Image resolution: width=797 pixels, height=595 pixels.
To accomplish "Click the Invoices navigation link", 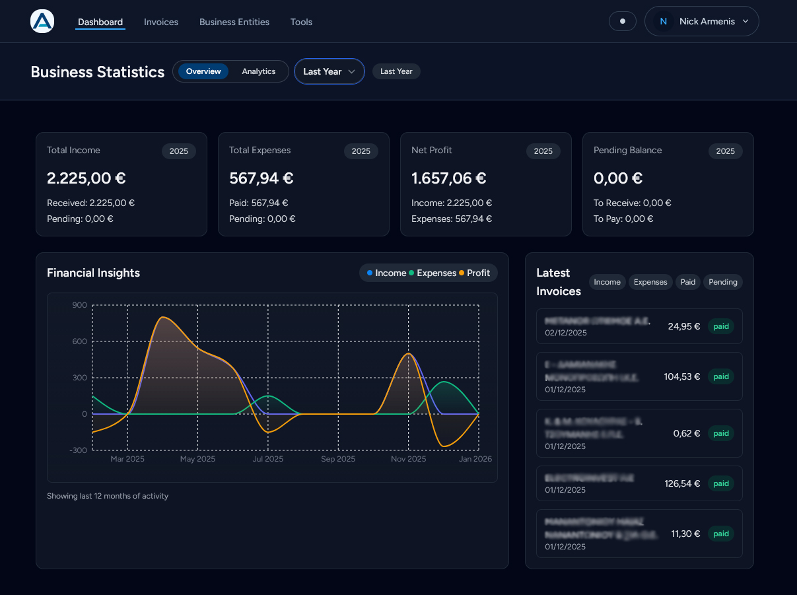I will (x=161, y=22).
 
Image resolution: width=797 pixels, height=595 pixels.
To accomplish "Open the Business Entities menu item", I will (x=234, y=22).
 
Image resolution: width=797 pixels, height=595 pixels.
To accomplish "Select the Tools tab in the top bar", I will (x=301, y=22).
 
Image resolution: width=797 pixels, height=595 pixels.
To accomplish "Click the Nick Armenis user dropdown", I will (x=702, y=21).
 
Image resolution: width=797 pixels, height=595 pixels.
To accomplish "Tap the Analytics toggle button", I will (x=258, y=71).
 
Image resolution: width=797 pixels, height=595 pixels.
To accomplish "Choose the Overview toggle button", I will (x=203, y=71).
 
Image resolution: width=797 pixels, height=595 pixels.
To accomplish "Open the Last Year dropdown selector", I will (x=329, y=71).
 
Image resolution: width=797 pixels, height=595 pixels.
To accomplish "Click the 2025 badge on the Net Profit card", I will (x=543, y=151).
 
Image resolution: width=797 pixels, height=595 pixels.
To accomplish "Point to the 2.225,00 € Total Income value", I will (x=87, y=178).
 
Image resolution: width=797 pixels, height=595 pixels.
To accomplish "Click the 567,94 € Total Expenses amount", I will (x=261, y=178).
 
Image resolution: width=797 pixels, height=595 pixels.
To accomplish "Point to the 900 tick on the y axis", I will (x=80, y=305).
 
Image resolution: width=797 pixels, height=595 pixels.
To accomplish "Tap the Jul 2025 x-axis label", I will (x=268, y=459).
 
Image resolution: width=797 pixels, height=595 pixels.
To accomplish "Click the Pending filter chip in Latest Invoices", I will (x=722, y=282).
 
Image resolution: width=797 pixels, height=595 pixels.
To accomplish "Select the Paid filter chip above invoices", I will (x=687, y=282).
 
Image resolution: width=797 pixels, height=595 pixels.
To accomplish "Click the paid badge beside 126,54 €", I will (x=721, y=483).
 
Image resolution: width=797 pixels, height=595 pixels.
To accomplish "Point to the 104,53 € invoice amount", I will (x=682, y=376).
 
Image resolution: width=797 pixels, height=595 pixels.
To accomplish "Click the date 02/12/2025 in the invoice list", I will (x=566, y=333).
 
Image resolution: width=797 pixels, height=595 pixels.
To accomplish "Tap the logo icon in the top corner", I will (x=42, y=21).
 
